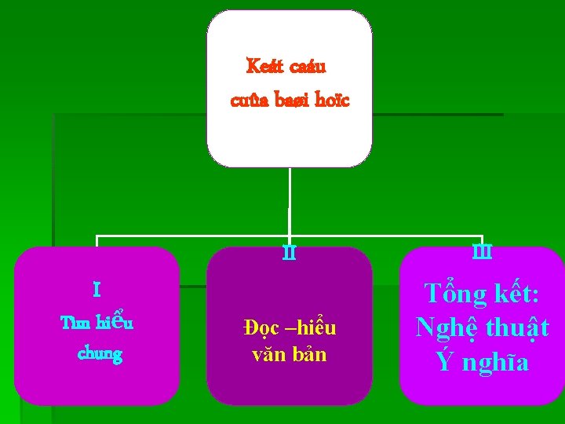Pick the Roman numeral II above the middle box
point(290,254)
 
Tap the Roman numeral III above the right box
point(481,252)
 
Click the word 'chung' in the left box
point(100,354)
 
